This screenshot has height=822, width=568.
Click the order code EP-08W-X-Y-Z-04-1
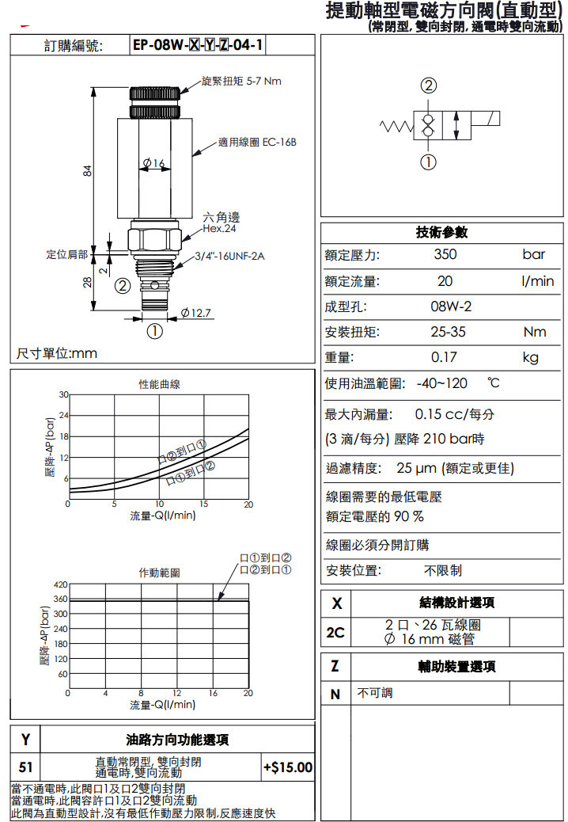(197, 45)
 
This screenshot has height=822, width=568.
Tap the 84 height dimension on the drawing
(89, 170)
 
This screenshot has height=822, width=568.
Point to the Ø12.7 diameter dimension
(197, 313)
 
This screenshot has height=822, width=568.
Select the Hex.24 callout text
(220, 229)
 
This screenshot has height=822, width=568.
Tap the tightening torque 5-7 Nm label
(241, 81)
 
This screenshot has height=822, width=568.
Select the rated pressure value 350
(445, 255)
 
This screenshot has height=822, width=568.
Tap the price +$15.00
(288, 767)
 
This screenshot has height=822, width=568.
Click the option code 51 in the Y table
(26, 767)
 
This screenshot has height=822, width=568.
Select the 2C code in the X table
(335, 632)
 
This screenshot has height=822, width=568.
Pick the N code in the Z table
(335, 694)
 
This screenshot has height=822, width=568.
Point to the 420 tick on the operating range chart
(59, 584)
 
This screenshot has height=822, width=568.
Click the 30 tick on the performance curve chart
(62, 394)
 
